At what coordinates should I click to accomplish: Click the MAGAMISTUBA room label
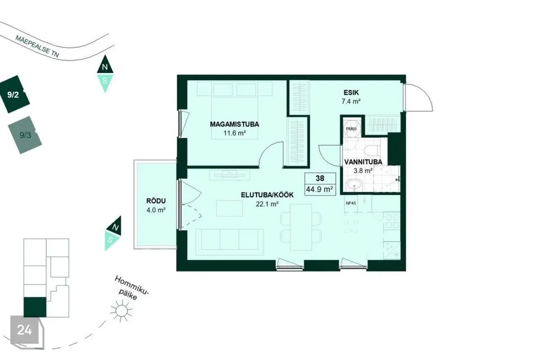tap(235, 124)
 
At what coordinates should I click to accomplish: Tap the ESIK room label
tap(351, 93)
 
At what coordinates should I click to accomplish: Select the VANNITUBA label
tap(363, 162)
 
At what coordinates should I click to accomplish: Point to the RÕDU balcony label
tap(156, 201)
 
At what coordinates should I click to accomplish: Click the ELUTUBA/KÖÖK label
tap(267, 195)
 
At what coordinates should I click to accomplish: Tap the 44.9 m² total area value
tap(319, 189)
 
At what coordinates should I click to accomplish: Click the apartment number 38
tap(320, 178)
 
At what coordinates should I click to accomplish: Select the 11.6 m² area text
tap(235, 133)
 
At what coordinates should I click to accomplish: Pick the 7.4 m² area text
tap(351, 101)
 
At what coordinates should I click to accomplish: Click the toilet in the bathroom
tap(372, 150)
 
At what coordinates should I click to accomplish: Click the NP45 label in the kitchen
tap(350, 203)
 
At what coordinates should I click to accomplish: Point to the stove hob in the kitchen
tap(391, 222)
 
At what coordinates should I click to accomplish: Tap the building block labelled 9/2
tap(14, 94)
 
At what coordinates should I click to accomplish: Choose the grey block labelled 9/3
tap(25, 135)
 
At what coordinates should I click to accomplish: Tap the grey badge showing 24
tap(26, 331)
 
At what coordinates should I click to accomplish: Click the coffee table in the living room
tap(229, 208)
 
